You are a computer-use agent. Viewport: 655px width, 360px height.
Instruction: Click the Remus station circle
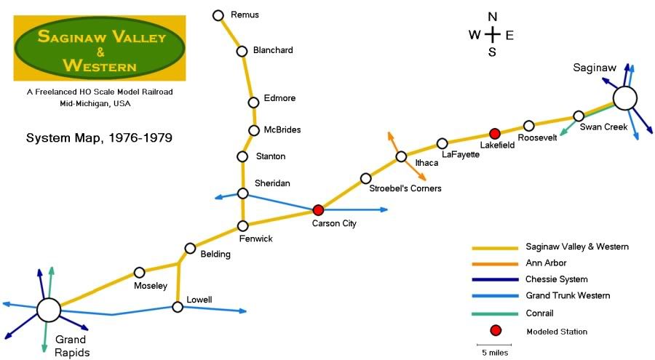pos(218,15)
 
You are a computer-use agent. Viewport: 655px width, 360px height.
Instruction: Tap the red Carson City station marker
pos(318,210)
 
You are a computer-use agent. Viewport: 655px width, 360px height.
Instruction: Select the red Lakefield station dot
pos(495,133)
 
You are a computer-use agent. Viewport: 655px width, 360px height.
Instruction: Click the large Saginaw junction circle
pos(624,98)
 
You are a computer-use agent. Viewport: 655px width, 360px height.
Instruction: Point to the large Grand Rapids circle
pos(49,310)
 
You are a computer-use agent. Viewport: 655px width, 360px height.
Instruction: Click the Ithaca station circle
pos(401,156)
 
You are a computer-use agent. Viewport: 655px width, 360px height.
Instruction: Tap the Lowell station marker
pos(178,307)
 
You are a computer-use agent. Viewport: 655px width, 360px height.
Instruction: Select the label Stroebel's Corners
pos(405,188)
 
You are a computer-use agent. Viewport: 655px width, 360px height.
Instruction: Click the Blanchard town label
pos(273,50)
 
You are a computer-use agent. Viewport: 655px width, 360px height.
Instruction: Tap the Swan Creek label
pos(603,127)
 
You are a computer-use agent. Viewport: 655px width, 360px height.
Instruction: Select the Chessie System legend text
pos(556,279)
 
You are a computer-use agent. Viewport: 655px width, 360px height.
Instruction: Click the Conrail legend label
pos(539,313)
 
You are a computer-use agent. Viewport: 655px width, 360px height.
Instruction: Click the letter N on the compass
pos(493,17)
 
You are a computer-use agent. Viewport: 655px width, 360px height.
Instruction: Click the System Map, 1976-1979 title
pos(99,137)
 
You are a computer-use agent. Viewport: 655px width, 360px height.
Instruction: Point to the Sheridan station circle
pos(243,193)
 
